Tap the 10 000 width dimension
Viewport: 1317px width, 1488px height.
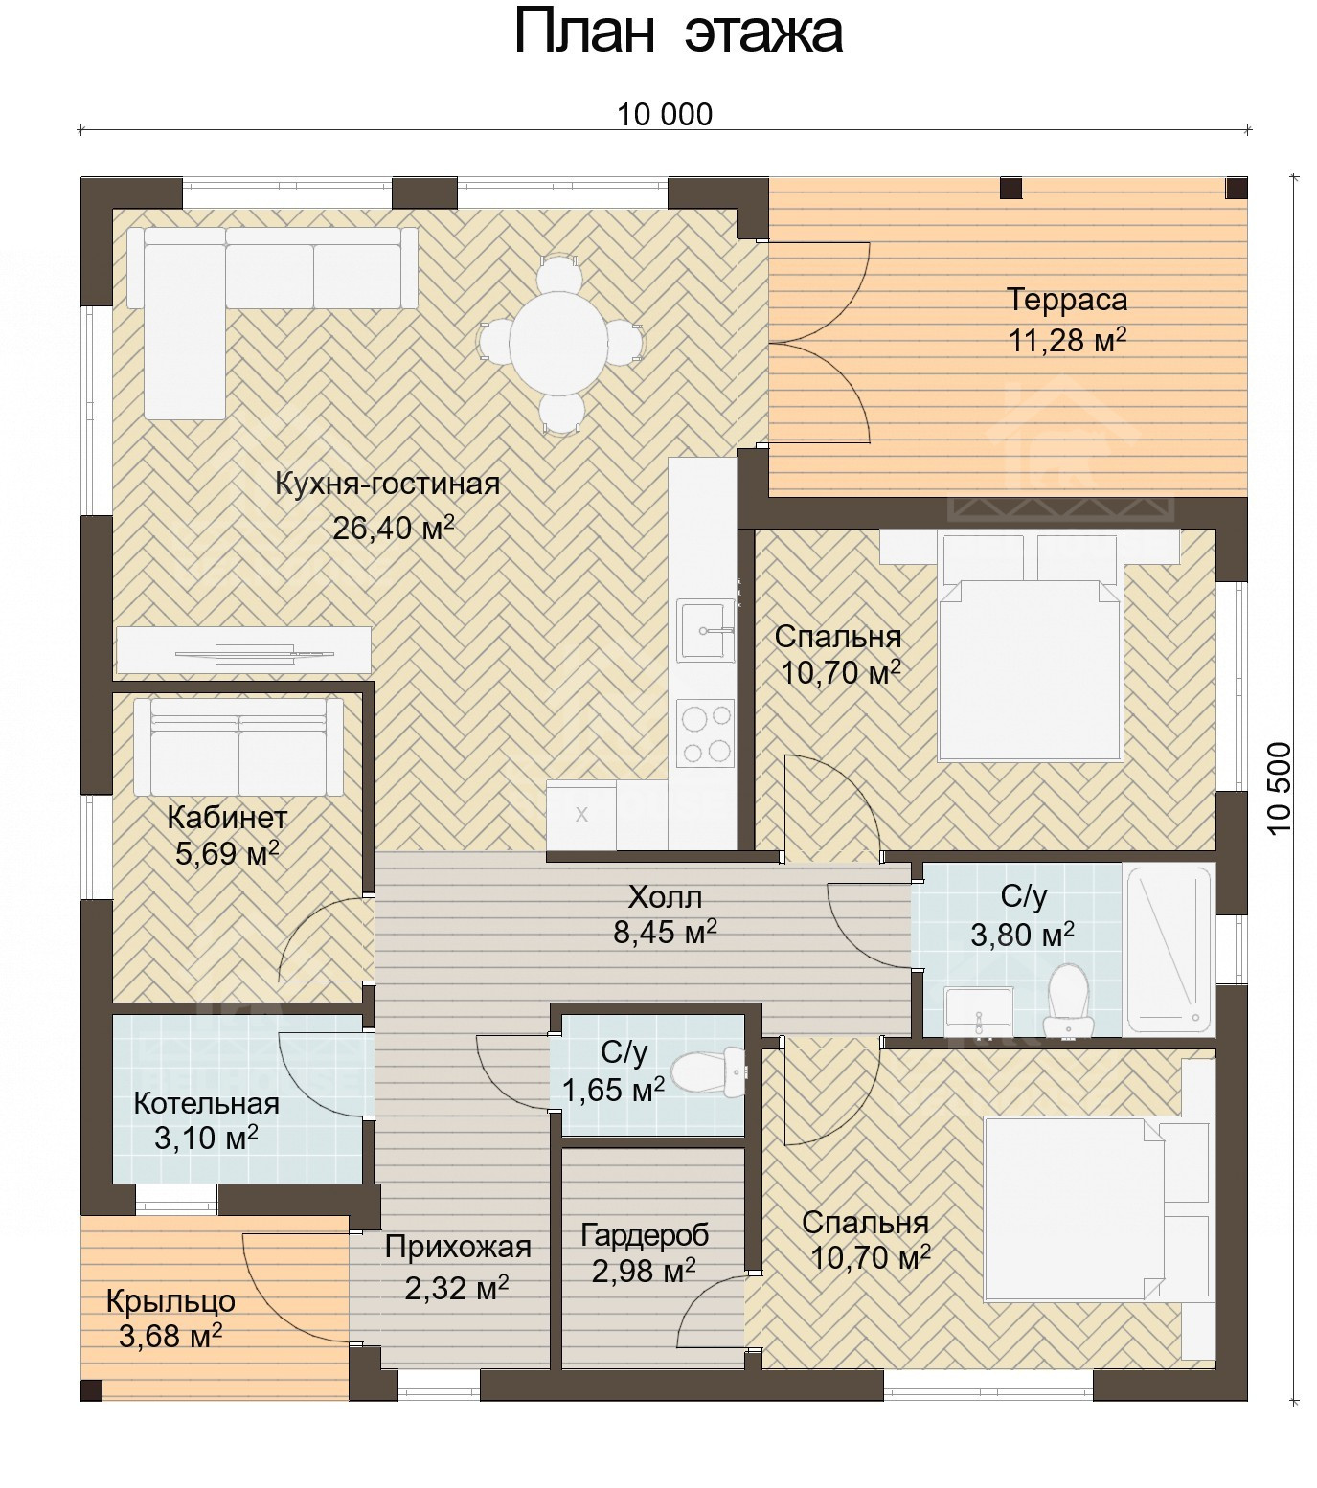tap(665, 115)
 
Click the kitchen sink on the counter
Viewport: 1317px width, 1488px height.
tap(706, 629)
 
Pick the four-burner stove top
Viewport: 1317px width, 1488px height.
tap(706, 733)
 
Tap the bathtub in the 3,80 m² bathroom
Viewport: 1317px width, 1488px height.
tap(1169, 949)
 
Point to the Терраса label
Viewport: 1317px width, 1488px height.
tap(1067, 300)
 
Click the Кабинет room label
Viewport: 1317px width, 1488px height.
tap(227, 818)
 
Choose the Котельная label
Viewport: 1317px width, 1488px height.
tap(207, 1103)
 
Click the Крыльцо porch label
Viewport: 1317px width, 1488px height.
tap(170, 1301)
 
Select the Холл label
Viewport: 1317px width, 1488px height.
tap(665, 897)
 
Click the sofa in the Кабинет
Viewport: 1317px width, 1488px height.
tap(238, 746)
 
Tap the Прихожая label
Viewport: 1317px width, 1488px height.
tap(458, 1247)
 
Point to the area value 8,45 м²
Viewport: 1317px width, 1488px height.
tap(665, 932)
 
